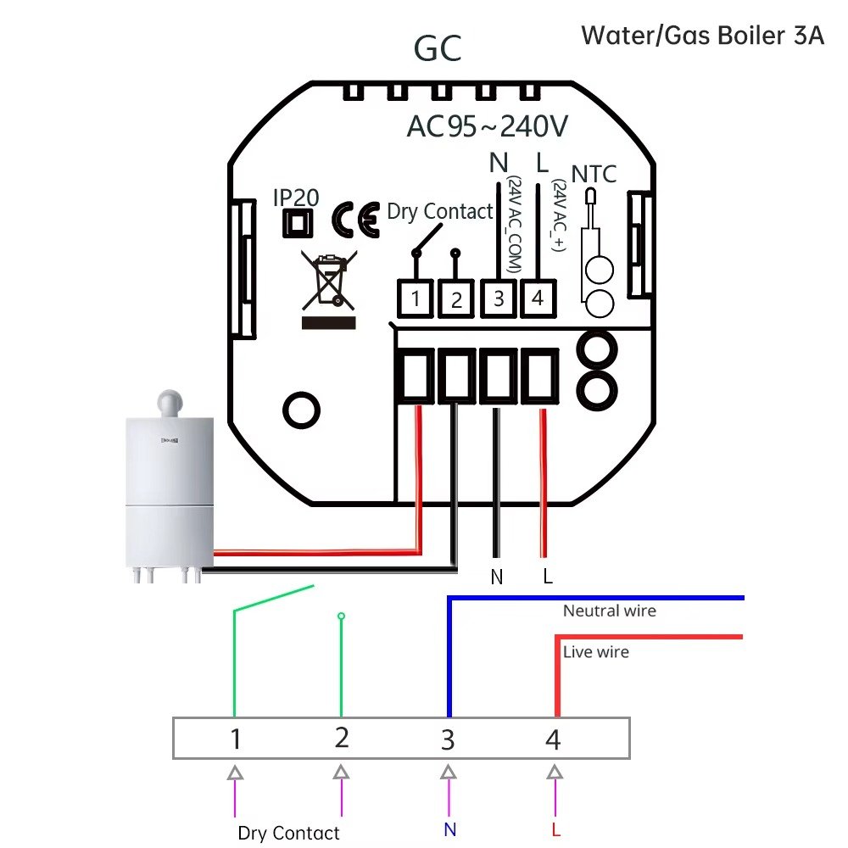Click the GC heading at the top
pos(438,49)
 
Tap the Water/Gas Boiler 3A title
pos(702,36)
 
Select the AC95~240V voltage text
pos(487,126)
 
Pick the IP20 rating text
pos(296,198)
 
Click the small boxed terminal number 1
pos(416,298)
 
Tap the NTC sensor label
pos(594,175)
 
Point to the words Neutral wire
pos(609,611)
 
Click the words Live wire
pos(596,652)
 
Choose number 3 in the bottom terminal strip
pos(448,739)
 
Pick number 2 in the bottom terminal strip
pos(341,738)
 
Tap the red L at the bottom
pos(555,828)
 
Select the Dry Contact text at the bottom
pos(288,833)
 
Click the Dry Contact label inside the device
pos(439,211)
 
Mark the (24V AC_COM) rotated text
pos(514,225)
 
